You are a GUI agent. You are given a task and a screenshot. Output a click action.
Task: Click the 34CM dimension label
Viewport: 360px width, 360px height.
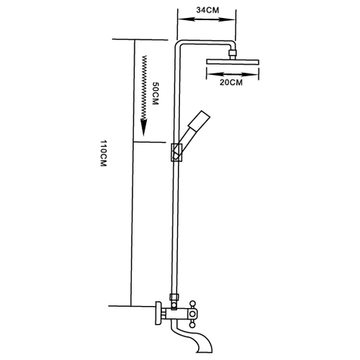(207, 10)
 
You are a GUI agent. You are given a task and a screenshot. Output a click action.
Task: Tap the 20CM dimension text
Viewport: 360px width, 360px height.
(231, 82)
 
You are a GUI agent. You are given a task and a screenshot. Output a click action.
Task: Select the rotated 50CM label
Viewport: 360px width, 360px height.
(156, 94)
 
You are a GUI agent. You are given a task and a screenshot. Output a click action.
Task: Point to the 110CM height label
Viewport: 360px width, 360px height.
(104, 153)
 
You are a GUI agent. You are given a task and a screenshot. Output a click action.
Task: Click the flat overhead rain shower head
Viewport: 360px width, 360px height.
(233, 61)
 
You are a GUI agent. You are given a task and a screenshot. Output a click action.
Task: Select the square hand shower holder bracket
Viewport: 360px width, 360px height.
(177, 153)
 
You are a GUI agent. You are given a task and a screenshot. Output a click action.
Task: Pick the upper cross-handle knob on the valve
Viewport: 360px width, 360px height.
(192, 304)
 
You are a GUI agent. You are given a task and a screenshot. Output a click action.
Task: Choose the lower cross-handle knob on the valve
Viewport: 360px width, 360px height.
(192, 325)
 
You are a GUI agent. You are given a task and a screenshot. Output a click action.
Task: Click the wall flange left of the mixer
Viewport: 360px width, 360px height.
(158, 313)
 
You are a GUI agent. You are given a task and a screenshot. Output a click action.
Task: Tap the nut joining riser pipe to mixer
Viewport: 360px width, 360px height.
(174, 297)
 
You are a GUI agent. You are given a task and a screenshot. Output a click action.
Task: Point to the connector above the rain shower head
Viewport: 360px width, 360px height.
(233, 54)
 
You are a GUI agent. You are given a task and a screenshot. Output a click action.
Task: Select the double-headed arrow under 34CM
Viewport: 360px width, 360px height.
(206, 19)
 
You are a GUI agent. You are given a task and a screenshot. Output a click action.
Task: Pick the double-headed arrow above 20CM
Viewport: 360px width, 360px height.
(233, 74)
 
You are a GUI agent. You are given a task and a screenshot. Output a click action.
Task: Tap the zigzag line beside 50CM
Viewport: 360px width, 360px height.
(144, 88)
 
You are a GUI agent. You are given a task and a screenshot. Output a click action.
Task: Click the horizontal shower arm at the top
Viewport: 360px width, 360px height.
(207, 42)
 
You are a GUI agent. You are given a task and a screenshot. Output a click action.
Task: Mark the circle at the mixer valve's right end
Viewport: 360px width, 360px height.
(192, 314)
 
